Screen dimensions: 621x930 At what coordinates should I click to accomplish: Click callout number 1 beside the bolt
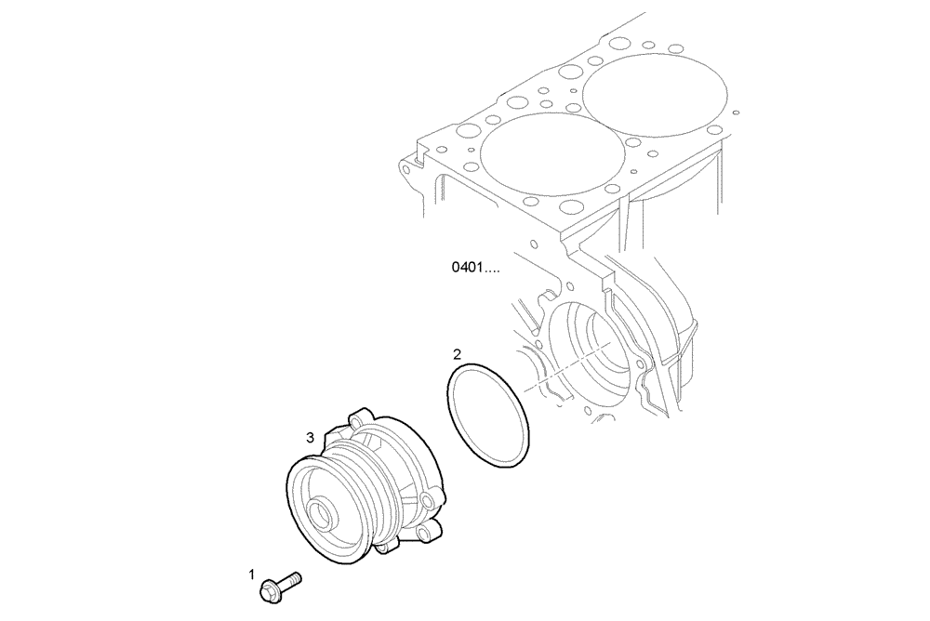click(x=251, y=575)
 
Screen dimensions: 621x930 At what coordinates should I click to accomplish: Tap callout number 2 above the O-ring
click(x=457, y=354)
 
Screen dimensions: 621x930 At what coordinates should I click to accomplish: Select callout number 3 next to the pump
click(x=310, y=436)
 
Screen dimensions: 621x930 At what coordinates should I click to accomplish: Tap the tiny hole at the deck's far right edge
click(x=736, y=112)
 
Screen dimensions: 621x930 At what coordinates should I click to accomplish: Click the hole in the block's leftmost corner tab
click(x=405, y=170)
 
